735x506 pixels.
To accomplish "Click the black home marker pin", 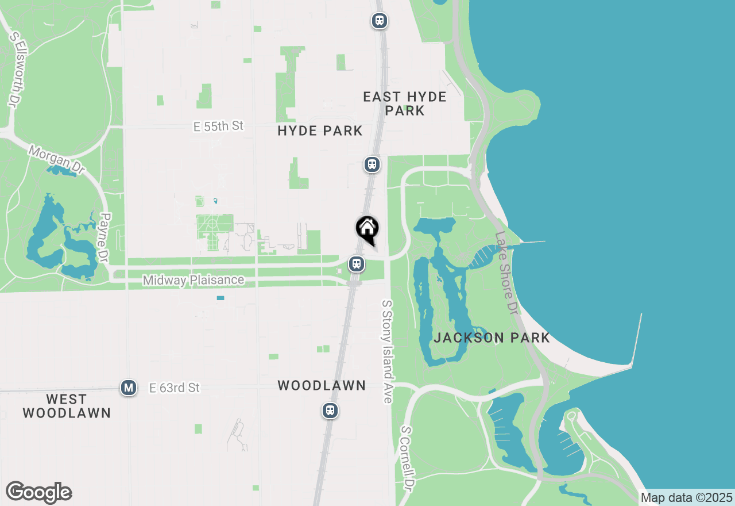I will pos(367,229).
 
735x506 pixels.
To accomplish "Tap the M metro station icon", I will pos(129,388).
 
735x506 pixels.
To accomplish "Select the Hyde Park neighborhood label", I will pos(320,131).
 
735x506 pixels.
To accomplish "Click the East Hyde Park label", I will pos(405,103).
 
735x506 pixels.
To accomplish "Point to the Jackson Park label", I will pos(492,338).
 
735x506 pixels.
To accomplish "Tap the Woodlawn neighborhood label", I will pos(322,385).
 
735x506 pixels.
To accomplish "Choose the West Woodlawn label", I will pos(67,406).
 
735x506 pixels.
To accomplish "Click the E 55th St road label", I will pos(218,126).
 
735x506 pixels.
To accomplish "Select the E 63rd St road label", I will pos(175,388).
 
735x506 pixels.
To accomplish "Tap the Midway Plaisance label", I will pos(194,281).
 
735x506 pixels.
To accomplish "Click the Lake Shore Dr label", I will pos(505,273).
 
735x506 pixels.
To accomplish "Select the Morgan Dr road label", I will pos(56,158).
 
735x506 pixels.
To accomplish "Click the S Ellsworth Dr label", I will pos(14,68).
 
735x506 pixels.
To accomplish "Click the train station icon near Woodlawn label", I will pos(330,411).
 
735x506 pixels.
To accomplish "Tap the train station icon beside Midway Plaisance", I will pos(357,264).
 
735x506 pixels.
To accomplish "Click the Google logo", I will pos(38,492).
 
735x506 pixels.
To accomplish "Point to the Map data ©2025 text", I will pos(687,497).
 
